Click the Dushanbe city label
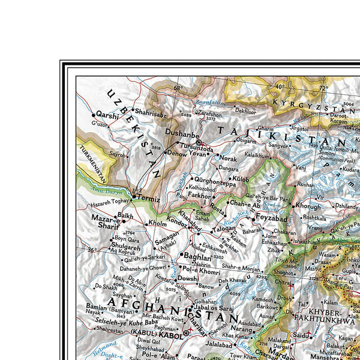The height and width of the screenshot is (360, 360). coord(179,136)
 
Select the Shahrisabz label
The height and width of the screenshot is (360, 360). coord(150,111)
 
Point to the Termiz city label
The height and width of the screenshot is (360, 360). coord(148,197)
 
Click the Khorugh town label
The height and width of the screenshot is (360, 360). coord(308,206)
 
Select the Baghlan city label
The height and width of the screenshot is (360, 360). coord(197,256)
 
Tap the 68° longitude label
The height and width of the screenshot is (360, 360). coord(178,88)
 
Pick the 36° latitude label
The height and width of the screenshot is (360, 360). coord(91,250)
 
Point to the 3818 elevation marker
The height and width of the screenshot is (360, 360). coord(156,148)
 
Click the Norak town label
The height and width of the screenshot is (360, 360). coord(228,158)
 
